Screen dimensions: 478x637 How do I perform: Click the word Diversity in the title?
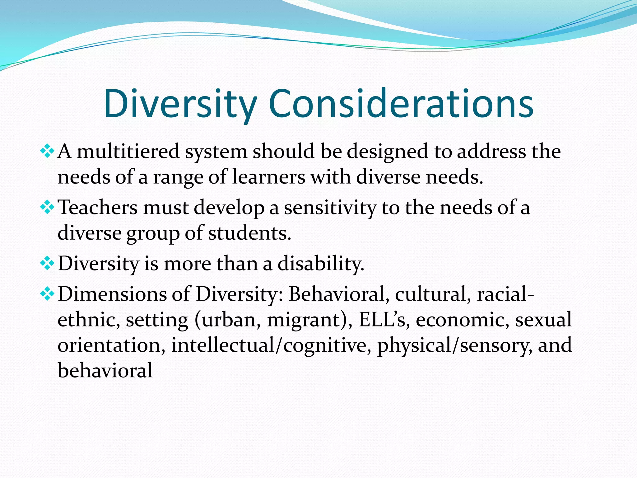pyautogui.click(x=180, y=104)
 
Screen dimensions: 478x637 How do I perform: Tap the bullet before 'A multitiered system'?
pyautogui.click(x=47, y=152)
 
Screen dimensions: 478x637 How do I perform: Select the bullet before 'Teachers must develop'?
pyautogui.click(x=47, y=208)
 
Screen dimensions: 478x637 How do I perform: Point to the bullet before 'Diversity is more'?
pyautogui.click(x=47, y=264)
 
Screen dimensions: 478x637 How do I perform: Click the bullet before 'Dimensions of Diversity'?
pyautogui.click(x=47, y=294)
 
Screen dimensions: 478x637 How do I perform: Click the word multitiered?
pyautogui.click(x=128, y=152)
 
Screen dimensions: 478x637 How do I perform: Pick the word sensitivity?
pyautogui.click(x=330, y=208)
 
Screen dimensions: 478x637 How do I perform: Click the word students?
pyautogui.click(x=249, y=233)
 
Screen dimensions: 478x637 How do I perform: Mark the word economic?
pyautogui.click(x=463, y=320)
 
